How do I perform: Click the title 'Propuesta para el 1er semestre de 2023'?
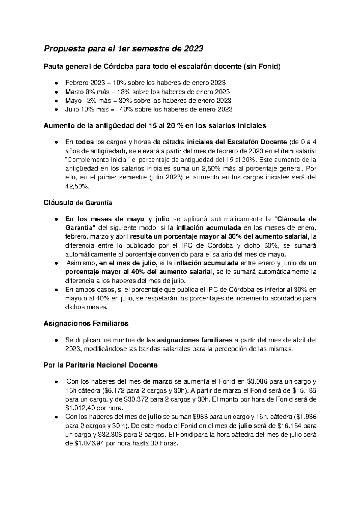(x=124, y=48)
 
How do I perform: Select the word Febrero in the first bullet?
(x=75, y=83)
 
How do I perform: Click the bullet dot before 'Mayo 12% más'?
(x=56, y=101)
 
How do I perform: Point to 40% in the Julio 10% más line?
(x=126, y=110)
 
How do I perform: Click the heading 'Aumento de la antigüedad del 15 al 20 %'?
(x=155, y=126)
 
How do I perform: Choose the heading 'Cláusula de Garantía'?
(x=78, y=203)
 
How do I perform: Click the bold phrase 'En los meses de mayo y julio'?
(x=117, y=219)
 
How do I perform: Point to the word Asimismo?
(x=81, y=263)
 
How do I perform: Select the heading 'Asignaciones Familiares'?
(x=86, y=324)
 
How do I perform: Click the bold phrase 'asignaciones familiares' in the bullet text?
(x=195, y=340)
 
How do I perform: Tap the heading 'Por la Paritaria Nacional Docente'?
(x=100, y=365)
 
